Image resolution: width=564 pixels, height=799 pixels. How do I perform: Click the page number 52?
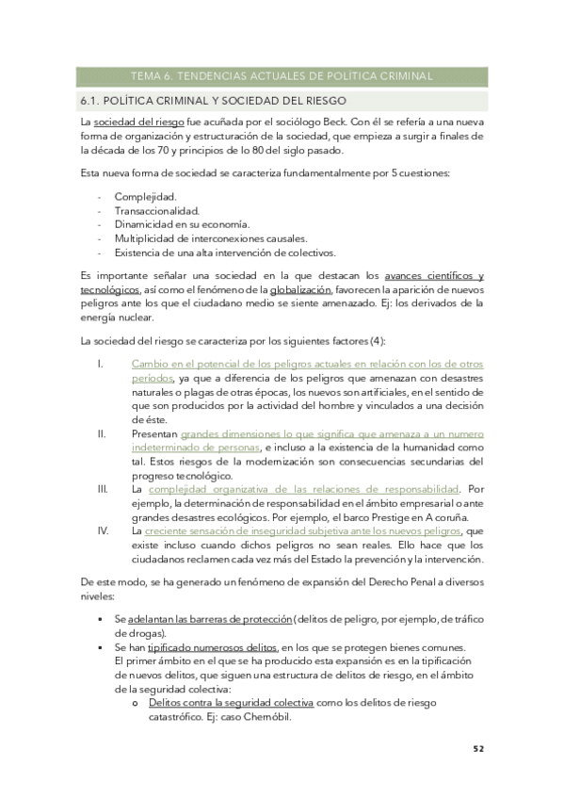478,750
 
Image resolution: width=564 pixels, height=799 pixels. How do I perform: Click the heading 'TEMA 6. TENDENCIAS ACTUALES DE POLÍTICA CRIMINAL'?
281,76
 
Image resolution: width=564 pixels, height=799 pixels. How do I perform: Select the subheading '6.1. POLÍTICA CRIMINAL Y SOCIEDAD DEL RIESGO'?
214,100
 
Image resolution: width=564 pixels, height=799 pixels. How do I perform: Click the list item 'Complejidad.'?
144,196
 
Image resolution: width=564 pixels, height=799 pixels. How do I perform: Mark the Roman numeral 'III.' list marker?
104,490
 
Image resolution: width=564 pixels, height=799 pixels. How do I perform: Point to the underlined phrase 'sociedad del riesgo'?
138,122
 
